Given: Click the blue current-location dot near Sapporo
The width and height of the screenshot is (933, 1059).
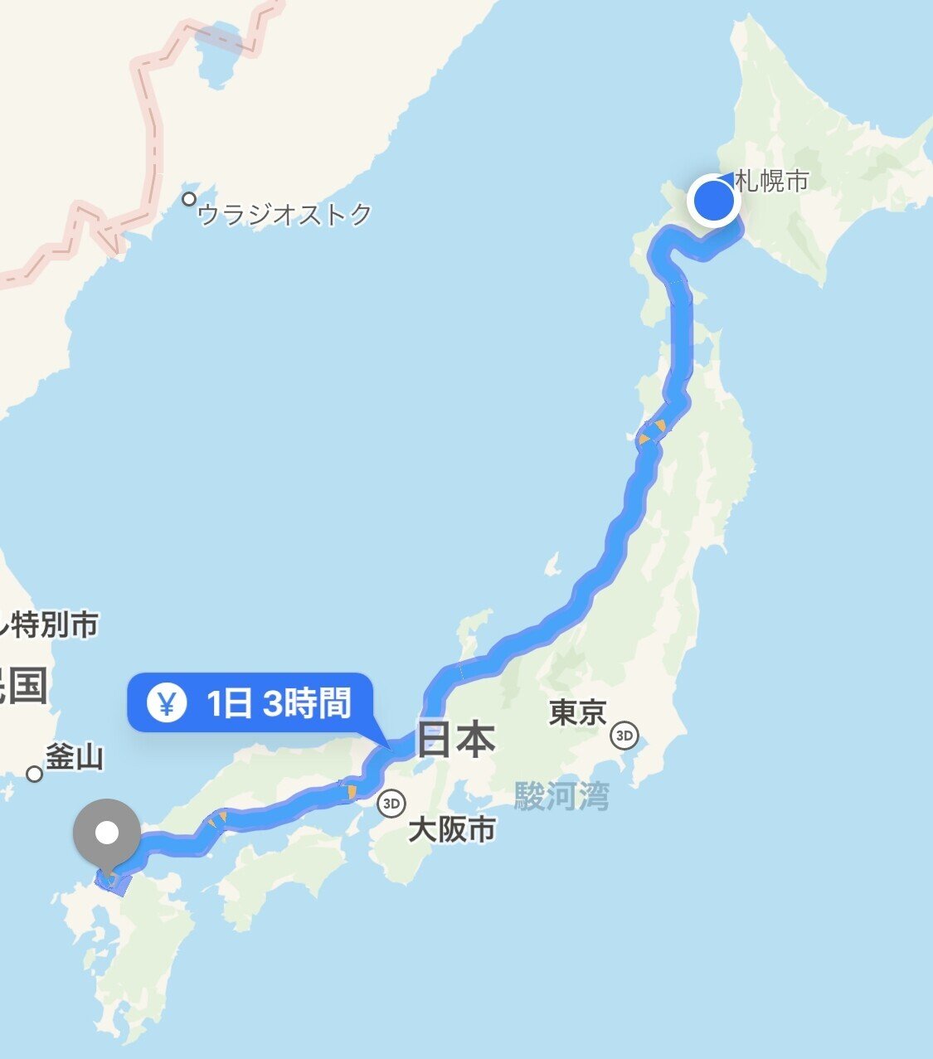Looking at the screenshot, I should (713, 201).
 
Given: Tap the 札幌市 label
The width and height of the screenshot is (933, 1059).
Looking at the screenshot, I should (771, 181).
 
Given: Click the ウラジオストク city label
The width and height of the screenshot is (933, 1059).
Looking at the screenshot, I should (285, 215).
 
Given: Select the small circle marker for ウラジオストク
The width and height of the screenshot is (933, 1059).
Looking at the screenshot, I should (190, 199).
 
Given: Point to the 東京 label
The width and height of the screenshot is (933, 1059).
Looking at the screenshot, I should (577, 712).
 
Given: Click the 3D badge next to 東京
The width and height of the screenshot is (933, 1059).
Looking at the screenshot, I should (624, 735).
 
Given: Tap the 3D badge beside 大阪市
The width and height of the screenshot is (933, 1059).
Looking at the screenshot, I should (390, 803).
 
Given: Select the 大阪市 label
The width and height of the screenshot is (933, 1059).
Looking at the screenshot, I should (451, 828).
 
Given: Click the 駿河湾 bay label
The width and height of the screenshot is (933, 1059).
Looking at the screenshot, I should (561, 796).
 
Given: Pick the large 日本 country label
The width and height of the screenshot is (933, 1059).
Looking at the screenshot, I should (455, 739).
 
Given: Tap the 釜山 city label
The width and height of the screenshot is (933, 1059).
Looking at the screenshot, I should (74, 756).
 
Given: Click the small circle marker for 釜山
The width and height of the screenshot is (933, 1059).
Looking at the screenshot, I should (34, 774).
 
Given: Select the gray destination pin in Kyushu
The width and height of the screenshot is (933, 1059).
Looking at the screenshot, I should (107, 832).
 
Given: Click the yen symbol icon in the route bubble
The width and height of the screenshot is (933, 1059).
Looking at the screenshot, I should (166, 703).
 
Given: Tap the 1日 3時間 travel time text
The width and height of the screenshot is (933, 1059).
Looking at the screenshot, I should (279, 703).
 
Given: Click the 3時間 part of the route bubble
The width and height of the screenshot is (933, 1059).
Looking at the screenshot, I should (307, 703).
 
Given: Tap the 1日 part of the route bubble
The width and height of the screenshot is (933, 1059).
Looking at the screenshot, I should (228, 703).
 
